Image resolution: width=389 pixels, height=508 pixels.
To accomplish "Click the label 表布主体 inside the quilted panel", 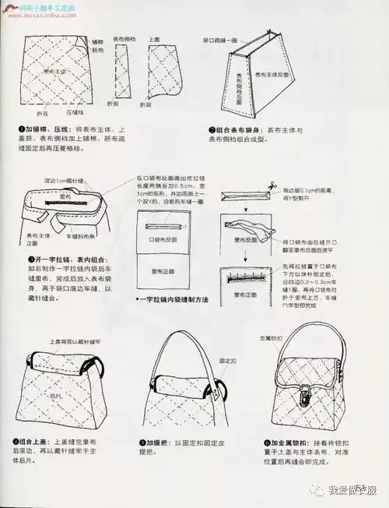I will point(57,70).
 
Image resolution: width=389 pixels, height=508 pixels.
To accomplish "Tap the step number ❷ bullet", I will point(211,130).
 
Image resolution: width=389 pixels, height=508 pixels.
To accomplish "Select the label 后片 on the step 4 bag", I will point(55,397).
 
